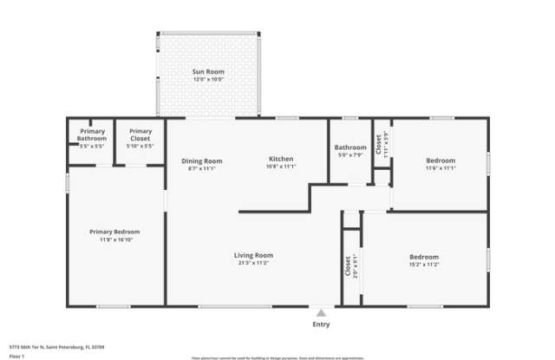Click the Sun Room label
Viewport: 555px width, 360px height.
[209, 71]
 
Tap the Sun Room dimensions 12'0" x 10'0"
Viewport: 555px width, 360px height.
[209, 80]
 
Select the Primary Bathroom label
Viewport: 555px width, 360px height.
[92, 135]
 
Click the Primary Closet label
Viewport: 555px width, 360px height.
[140, 135]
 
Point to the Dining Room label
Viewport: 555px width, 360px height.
[202, 160]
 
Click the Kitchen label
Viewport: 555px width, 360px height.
[281, 160]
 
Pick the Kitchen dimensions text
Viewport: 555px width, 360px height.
[281, 168]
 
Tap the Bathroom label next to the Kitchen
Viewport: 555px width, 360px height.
[350, 147]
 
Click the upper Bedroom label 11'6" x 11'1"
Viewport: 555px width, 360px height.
[441, 160]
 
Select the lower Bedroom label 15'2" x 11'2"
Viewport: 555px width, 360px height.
[424, 257]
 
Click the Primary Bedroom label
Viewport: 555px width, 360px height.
[114, 232]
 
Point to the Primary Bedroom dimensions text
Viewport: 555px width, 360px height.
[114, 241]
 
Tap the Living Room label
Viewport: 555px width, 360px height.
[253, 255]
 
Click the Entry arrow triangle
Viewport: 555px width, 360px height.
[322, 313]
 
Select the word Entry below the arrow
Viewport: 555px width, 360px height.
[322, 324]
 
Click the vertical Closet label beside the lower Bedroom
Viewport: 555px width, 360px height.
[349, 265]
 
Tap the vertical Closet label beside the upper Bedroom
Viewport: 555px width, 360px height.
[378, 142]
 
